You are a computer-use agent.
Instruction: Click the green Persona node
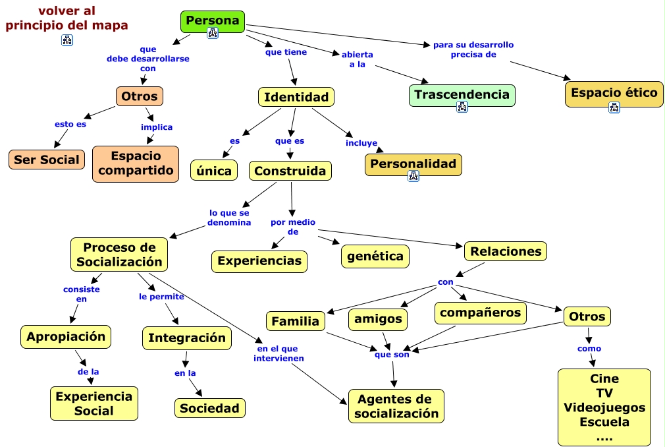213,22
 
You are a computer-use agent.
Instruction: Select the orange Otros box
139,96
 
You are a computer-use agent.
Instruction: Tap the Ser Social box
47,160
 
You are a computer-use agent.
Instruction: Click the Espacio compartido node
136,164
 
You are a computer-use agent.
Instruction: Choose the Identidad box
296,97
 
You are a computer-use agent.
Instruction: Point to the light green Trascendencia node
462,95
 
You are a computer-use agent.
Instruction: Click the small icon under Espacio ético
614,107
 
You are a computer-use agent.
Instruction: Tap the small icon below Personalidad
413,176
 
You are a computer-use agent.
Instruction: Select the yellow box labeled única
214,171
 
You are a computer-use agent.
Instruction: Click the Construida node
290,171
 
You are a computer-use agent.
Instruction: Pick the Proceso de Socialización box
119,254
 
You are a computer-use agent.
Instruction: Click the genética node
375,256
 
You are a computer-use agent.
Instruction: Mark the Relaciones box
506,251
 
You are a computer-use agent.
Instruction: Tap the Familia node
295,321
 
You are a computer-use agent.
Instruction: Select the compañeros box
480,313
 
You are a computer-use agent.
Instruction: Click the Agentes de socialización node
396,406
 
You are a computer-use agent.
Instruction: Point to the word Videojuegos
604,407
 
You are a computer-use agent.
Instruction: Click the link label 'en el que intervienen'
279,353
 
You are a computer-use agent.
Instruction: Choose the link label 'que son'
392,355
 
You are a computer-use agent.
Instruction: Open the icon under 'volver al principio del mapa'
67,40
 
